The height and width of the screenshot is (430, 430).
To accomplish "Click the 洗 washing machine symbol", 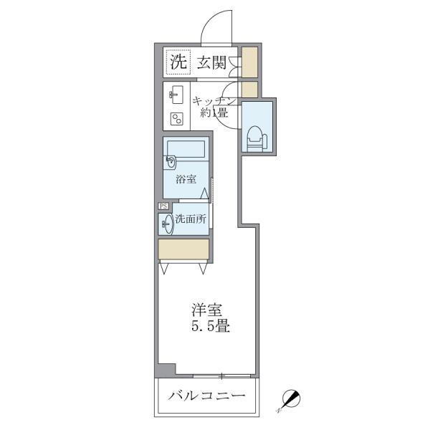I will (176, 62).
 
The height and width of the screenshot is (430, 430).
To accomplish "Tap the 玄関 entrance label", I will (213, 62).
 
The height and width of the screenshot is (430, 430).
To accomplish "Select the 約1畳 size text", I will (213, 113).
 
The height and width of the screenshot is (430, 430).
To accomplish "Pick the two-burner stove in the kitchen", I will (176, 119).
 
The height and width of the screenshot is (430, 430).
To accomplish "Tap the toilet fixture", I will (256, 135).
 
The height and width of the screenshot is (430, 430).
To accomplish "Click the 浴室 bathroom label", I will (186, 180).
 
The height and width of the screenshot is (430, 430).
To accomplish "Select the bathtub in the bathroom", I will (186, 151).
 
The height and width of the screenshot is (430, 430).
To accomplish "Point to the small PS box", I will (163, 206).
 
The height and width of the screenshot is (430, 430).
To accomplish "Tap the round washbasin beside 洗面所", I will (166, 224).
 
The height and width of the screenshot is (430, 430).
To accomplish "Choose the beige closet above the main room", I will (184, 249).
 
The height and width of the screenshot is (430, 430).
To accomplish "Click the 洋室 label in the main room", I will (206, 310).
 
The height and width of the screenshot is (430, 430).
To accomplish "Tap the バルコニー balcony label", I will (207, 396).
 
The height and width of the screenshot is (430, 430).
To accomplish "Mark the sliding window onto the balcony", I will (222, 376).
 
